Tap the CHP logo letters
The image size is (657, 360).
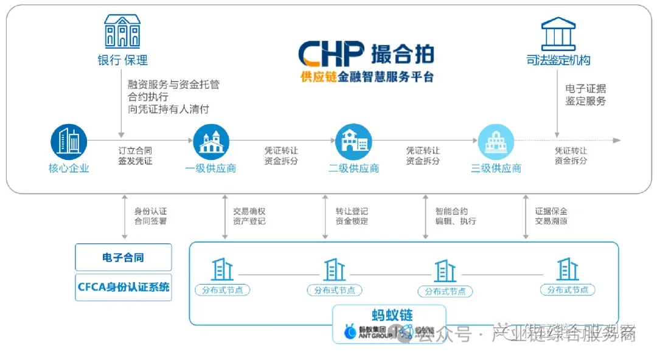click(331, 54)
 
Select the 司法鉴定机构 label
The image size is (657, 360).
click(558, 60)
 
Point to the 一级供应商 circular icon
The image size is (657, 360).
click(210, 142)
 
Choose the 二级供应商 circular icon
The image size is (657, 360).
click(353, 142)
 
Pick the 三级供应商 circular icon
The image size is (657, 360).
click(496, 142)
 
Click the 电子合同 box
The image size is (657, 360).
click(123, 258)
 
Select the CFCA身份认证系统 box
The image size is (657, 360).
click(123, 286)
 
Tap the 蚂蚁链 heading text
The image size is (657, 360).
click(392, 315)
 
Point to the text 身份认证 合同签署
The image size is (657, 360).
click(150, 216)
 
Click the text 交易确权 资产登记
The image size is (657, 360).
click(249, 216)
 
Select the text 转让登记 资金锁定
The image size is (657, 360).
click(352, 216)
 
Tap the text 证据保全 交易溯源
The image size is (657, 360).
click(551, 216)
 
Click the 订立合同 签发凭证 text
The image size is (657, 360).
click(135, 156)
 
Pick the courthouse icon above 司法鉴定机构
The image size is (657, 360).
click(558, 33)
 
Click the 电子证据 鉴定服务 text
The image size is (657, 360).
click(585, 95)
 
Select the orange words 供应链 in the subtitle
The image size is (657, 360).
click(319, 77)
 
